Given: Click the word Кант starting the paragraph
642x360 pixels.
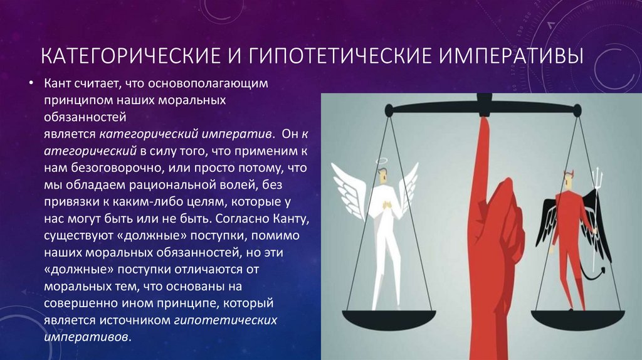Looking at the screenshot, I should point(57,83).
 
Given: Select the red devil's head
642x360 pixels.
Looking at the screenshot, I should point(569,181).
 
